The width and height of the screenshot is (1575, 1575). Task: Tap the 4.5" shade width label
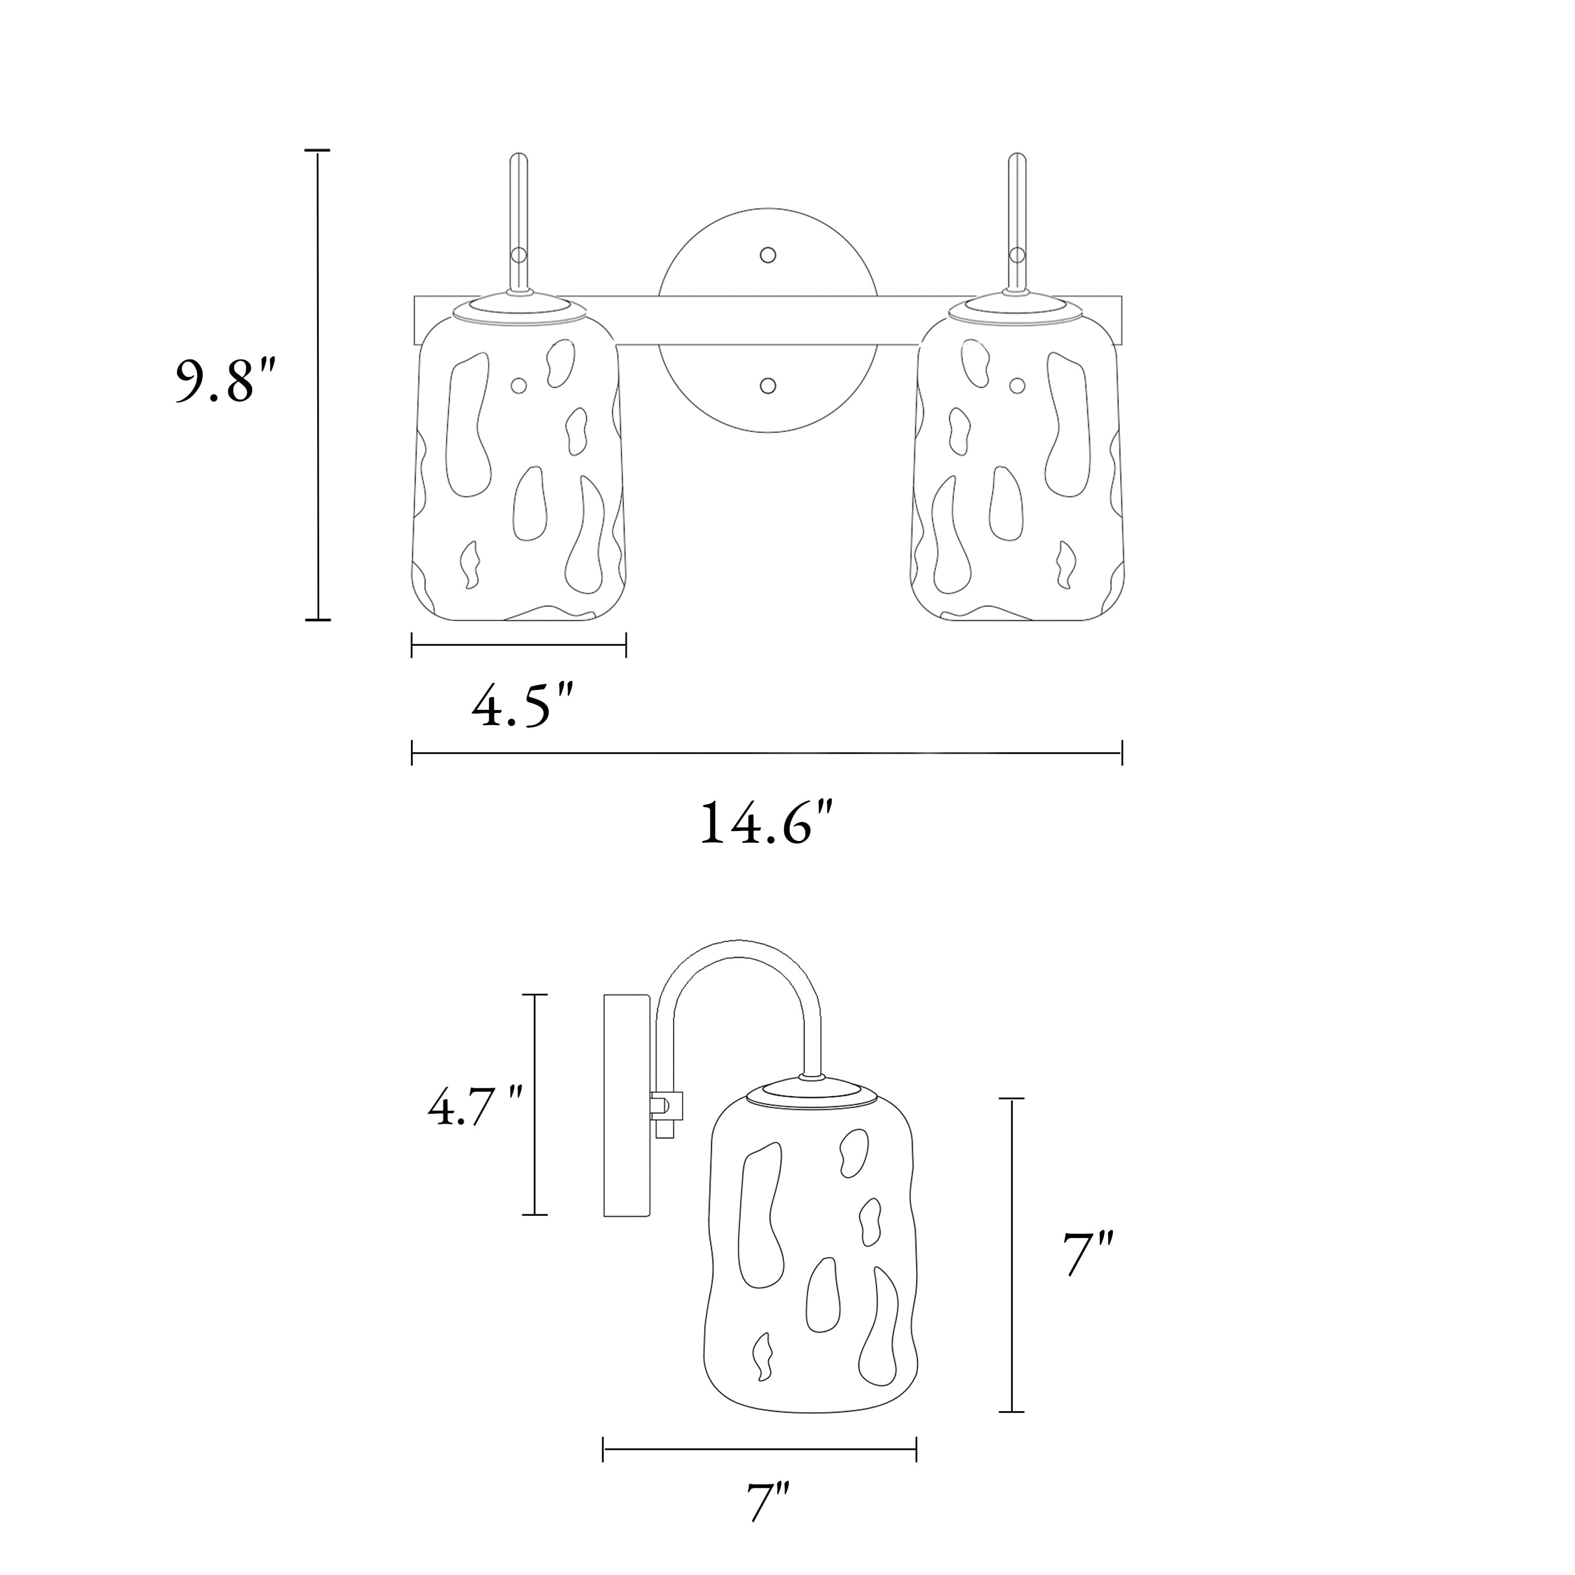click(522, 706)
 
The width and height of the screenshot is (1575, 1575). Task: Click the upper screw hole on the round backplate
click(767, 255)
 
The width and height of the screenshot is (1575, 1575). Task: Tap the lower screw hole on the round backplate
click(767, 385)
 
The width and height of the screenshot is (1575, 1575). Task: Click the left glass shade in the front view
click(519, 465)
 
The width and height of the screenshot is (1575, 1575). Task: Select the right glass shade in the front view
click(1017, 465)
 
